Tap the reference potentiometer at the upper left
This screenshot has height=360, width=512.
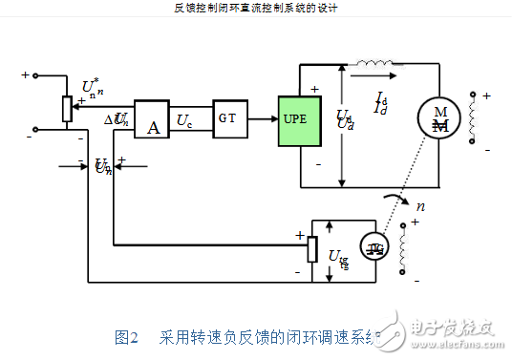66,109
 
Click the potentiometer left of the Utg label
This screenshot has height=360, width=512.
312,248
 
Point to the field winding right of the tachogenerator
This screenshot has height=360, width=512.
413,249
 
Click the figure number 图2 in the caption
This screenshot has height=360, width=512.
127,336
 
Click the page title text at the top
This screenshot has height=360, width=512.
256,8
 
